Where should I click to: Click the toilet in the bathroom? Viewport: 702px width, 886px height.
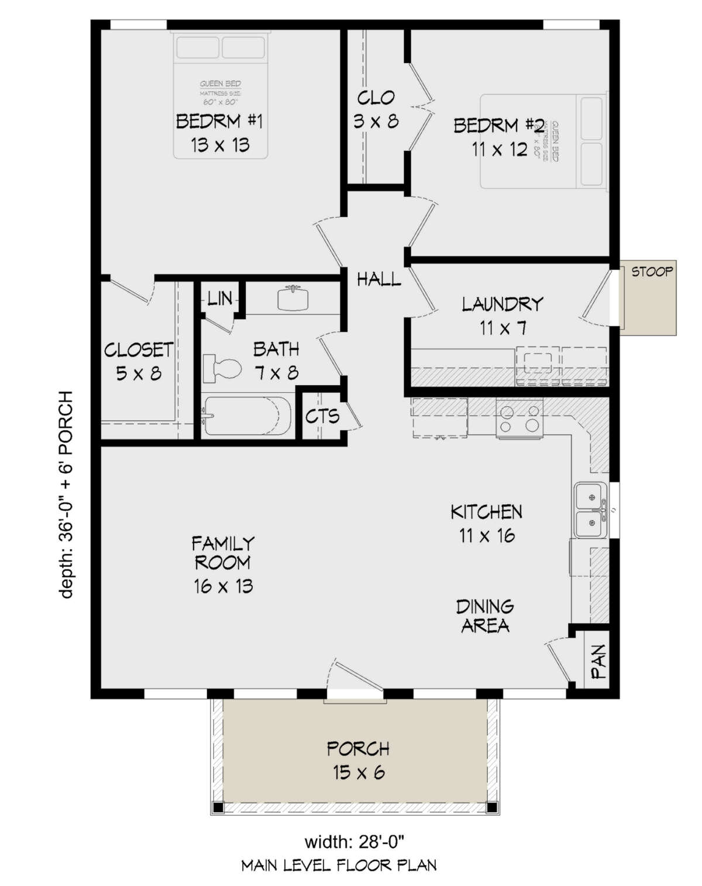coord(222,368)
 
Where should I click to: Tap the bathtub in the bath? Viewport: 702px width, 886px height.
coord(247,416)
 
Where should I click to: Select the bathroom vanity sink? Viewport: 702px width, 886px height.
coord(292,299)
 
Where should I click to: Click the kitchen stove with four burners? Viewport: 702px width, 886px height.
coord(519,418)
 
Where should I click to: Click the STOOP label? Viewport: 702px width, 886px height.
coord(652,272)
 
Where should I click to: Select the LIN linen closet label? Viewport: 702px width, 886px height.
coord(220,299)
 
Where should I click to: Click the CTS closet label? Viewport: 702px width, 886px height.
coord(322,416)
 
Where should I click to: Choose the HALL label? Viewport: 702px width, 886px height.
coord(379,279)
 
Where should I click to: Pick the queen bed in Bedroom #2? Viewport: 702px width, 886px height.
coord(542,141)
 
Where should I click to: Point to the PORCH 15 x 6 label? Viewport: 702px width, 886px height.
coord(358,760)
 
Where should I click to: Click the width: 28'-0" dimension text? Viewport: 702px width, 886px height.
coord(355,842)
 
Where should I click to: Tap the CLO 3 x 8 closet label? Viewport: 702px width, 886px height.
coord(376,109)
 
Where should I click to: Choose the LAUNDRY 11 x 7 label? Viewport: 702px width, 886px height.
coord(503,316)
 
